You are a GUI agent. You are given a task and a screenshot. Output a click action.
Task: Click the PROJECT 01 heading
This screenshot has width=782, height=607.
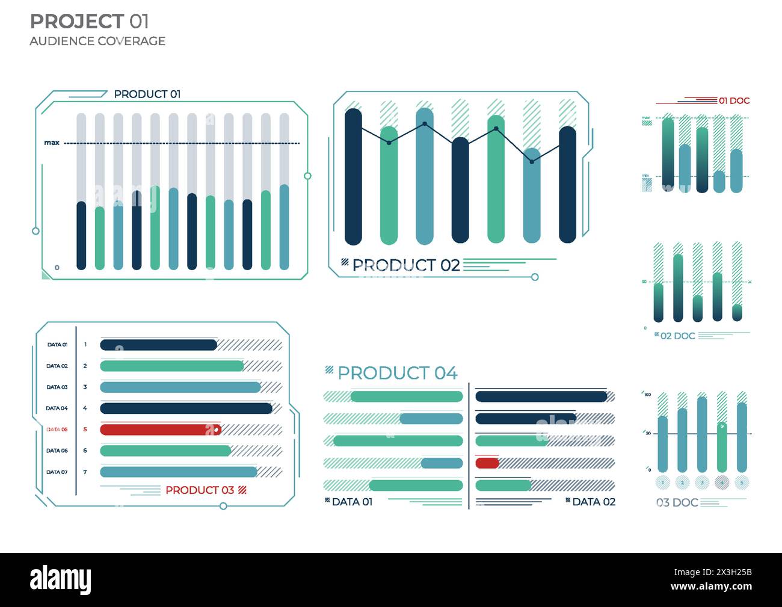click(x=89, y=22)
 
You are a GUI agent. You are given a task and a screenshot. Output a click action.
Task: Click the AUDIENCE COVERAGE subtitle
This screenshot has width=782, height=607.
click(x=97, y=41)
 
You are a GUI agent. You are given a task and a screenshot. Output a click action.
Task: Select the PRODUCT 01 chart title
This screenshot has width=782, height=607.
click(x=147, y=94)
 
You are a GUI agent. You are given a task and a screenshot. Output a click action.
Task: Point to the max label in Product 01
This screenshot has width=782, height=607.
click(x=52, y=143)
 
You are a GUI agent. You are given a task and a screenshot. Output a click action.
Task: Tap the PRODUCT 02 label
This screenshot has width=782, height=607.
click(x=405, y=265)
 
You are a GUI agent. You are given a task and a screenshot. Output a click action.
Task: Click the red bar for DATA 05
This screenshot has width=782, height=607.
click(x=160, y=430)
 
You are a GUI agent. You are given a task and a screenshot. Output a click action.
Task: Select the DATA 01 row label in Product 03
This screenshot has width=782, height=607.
click(x=57, y=345)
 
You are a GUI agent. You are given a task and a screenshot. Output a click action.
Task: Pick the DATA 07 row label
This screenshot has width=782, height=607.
click(x=57, y=472)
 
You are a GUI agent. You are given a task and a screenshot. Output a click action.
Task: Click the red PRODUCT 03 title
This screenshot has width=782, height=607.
click(x=199, y=490)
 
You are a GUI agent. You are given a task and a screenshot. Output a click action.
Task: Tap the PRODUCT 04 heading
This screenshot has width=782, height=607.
click(x=397, y=373)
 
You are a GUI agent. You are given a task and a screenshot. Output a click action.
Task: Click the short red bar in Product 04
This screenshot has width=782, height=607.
click(x=487, y=463)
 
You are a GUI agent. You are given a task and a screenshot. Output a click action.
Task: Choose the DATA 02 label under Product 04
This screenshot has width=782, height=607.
click(x=593, y=502)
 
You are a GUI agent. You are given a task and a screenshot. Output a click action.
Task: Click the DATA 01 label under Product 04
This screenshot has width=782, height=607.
click(x=352, y=502)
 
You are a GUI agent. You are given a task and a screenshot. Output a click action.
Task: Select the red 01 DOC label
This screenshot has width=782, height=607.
click(x=734, y=101)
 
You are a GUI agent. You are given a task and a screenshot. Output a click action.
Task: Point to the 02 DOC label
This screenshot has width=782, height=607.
click(x=677, y=336)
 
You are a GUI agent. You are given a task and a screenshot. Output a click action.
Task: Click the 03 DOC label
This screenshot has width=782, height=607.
click(x=677, y=502)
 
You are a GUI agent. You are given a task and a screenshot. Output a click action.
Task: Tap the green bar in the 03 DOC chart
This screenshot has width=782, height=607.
click(x=722, y=448)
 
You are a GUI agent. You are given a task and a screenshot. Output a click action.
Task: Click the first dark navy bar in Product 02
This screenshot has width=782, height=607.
click(x=353, y=176)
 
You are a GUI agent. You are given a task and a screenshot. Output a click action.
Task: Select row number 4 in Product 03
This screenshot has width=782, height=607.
click(x=85, y=408)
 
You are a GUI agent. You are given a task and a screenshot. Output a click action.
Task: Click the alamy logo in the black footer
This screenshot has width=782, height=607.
click(x=61, y=579)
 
